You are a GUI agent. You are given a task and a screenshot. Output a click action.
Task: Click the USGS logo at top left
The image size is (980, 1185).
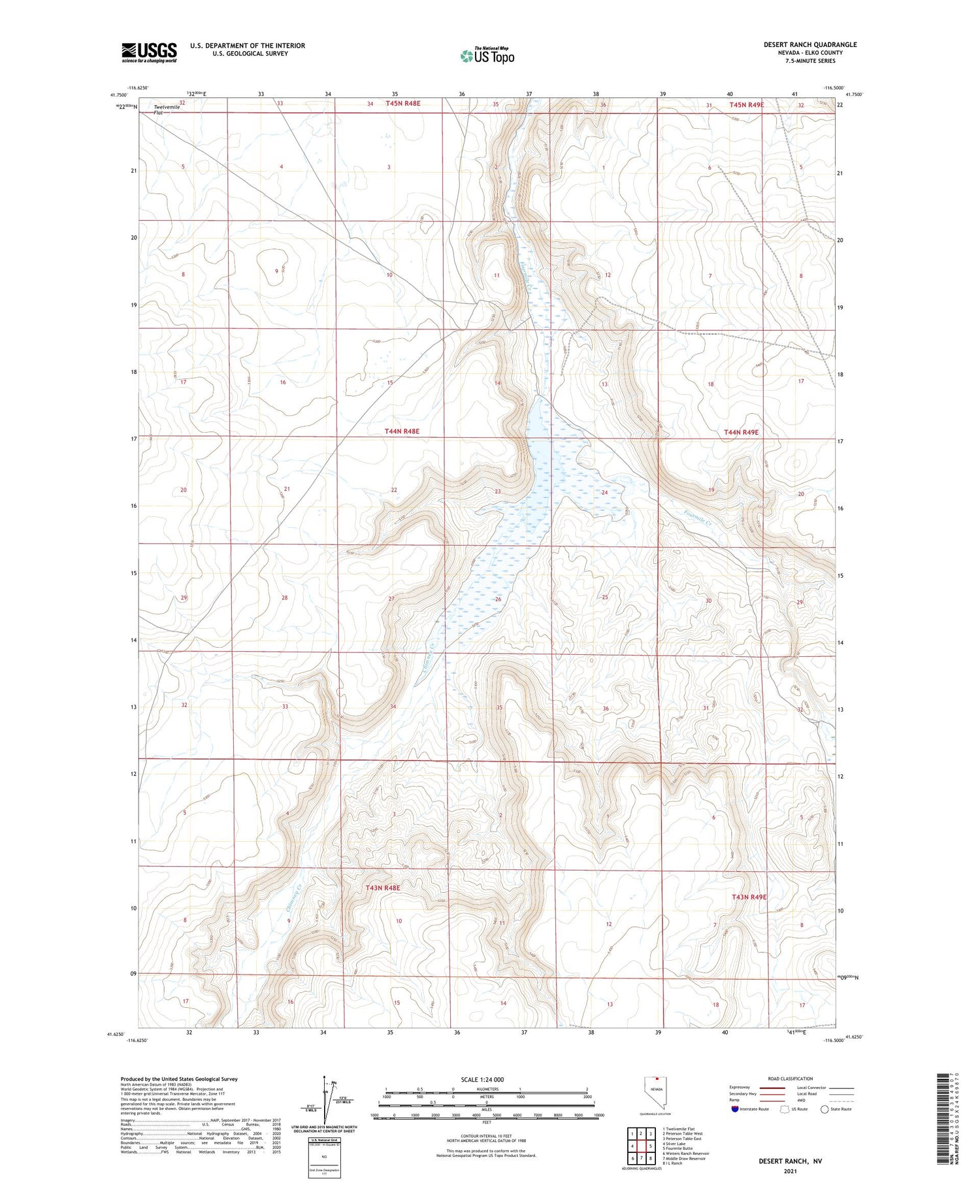tap(149, 52)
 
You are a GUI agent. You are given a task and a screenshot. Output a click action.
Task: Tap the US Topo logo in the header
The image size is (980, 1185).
tap(487, 56)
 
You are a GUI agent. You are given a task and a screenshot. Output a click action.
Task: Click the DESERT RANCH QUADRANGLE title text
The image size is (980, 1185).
tap(810, 44)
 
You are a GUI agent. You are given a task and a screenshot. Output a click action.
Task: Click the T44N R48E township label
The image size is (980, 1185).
tap(402, 431)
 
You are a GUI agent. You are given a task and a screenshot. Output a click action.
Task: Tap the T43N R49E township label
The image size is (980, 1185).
tap(749, 897)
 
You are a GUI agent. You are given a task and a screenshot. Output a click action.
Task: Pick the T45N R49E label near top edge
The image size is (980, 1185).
tap(746, 105)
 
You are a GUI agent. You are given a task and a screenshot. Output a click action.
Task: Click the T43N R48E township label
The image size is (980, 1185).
tap(382, 888)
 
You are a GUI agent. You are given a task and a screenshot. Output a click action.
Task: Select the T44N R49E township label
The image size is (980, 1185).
tap(741, 432)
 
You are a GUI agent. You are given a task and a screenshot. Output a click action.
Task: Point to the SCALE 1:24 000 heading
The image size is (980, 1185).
tap(482, 1079)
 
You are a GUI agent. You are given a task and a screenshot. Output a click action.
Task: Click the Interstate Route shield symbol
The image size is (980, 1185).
tap(735, 1109)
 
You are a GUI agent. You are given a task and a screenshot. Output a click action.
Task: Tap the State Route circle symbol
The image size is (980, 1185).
tap(825, 1109)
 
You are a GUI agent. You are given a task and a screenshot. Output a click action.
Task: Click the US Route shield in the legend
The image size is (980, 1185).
tap(785, 1109)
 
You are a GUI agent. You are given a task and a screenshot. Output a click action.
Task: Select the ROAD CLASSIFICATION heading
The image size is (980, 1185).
tap(791, 1078)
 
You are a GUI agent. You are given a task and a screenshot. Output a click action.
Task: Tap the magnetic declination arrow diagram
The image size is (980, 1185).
tap(325, 1101)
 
